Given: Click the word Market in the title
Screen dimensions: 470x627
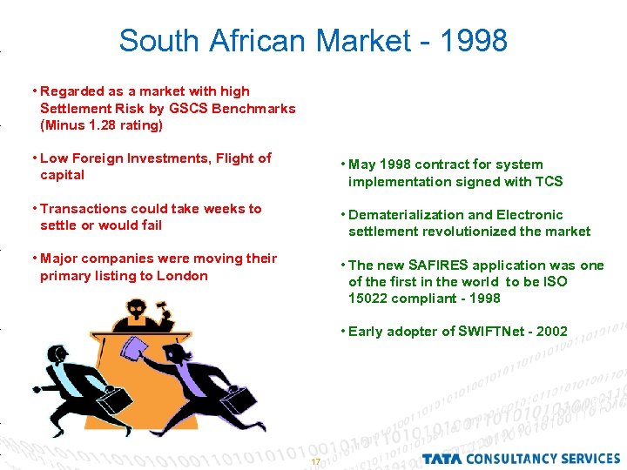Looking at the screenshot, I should (x=361, y=41).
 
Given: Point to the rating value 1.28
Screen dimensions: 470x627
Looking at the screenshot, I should (x=95, y=125).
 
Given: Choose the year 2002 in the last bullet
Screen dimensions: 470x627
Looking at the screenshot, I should (x=551, y=332).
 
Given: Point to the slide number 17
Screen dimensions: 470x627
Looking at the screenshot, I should (x=315, y=461).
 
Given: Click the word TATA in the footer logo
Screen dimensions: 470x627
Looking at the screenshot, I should (x=444, y=458).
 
